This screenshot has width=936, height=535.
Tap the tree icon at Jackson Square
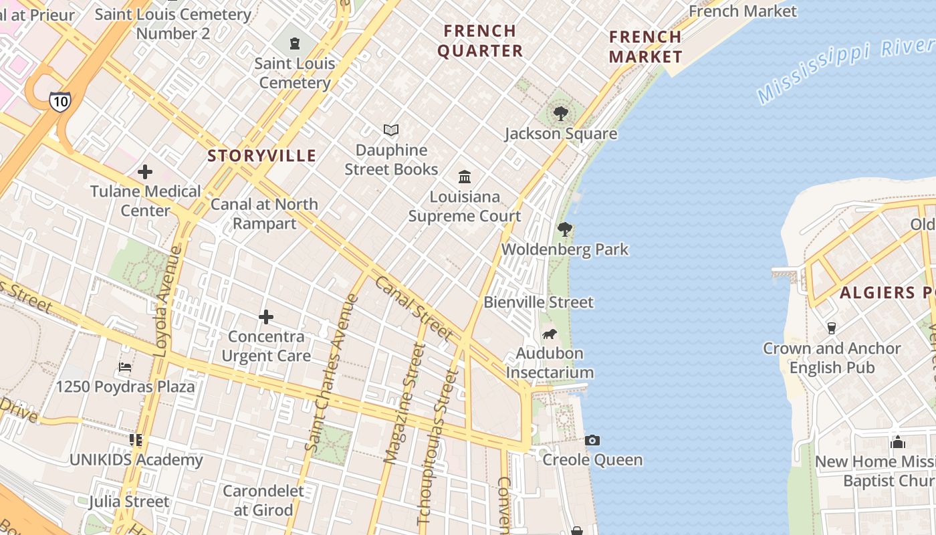(561, 114)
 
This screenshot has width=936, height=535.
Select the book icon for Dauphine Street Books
(391, 130)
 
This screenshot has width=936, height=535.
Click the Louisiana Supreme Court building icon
(465, 177)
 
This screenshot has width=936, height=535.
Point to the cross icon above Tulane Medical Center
(145, 172)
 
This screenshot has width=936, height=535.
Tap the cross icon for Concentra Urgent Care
(266, 316)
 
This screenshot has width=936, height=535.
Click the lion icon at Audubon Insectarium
(550, 334)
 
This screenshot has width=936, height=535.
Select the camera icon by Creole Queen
(592, 440)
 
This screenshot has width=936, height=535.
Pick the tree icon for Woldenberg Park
(565, 229)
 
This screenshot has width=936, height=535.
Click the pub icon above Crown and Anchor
(832, 328)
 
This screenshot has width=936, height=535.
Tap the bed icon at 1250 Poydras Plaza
(125, 366)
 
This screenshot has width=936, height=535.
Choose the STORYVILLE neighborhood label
(261, 156)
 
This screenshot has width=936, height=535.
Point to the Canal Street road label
(415, 308)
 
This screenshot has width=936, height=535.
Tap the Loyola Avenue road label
(168, 300)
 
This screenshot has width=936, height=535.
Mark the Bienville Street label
(538, 302)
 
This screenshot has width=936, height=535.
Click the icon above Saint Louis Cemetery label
(295, 44)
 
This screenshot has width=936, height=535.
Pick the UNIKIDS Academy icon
(136, 440)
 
